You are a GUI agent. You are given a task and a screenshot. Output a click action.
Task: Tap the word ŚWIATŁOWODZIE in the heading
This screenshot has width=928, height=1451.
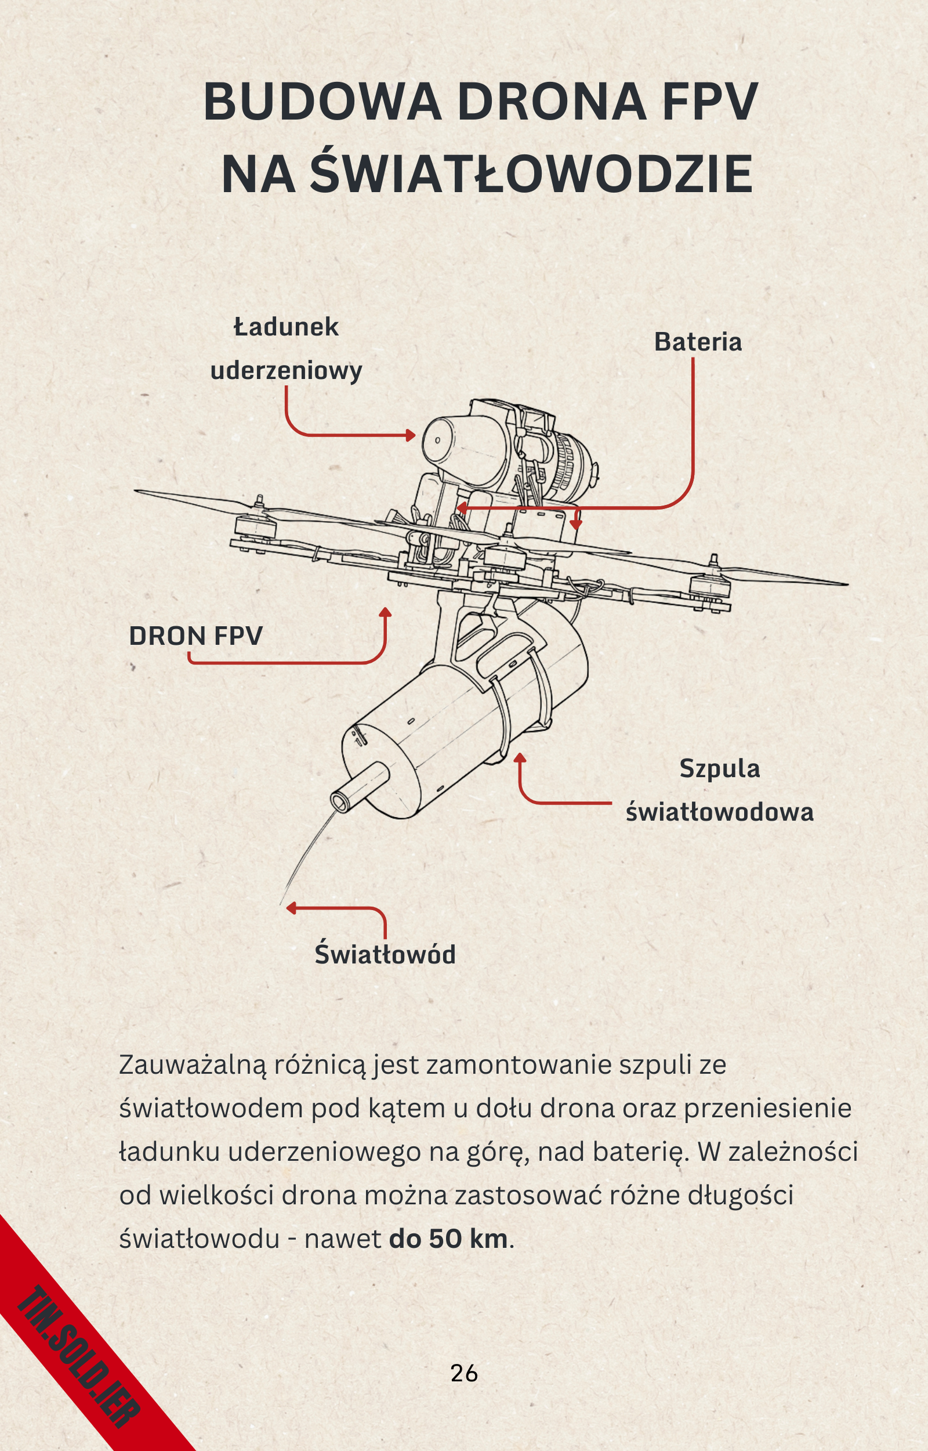tap(531, 174)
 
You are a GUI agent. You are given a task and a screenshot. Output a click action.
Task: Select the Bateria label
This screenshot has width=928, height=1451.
tap(698, 342)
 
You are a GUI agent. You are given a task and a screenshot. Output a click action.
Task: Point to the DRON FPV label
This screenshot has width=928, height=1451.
tap(196, 636)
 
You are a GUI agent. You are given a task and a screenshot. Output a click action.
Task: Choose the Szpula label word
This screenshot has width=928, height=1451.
tap(720, 768)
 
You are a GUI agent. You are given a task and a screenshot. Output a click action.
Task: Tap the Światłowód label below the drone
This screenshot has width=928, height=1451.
tap(385, 954)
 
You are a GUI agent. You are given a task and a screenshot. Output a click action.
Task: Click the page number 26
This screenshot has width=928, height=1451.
tap(464, 1373)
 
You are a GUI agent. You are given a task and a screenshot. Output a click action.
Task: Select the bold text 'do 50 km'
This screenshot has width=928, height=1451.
tap(449, 1239)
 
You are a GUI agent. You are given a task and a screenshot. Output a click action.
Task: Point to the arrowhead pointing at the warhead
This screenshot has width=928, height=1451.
tap(412, 435)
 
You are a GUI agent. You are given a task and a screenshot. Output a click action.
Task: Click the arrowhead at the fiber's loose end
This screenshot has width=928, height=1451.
tap(291, 908)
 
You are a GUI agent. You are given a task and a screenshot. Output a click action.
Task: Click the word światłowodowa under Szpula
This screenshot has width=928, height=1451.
tap(720, 812)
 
